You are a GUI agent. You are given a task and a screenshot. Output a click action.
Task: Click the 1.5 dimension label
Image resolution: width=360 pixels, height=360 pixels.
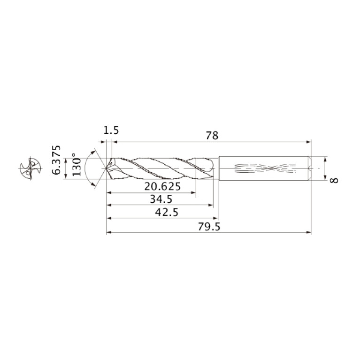coord(111,130)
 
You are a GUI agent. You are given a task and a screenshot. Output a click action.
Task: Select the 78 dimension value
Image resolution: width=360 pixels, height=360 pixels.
coord(212,136)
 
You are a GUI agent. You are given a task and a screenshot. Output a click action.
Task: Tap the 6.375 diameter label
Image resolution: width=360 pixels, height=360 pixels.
coord(56,160)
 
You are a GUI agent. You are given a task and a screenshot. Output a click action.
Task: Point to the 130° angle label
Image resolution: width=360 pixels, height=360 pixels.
coord(77,164)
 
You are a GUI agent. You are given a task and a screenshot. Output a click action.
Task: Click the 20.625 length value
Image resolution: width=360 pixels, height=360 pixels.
coord(162,186)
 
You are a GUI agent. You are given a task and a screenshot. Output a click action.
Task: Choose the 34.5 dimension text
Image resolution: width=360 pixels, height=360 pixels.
coord(161,199)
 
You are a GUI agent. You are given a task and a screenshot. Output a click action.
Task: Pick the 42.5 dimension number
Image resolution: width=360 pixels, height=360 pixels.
coord(167,212)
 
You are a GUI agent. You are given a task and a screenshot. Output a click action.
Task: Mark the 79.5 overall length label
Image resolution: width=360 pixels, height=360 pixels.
coord(209,227)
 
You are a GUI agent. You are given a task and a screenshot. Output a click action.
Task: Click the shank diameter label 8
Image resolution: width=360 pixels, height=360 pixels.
coord(334,180)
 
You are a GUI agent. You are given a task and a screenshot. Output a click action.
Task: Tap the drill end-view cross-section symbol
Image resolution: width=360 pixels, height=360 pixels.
coord(31,169)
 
